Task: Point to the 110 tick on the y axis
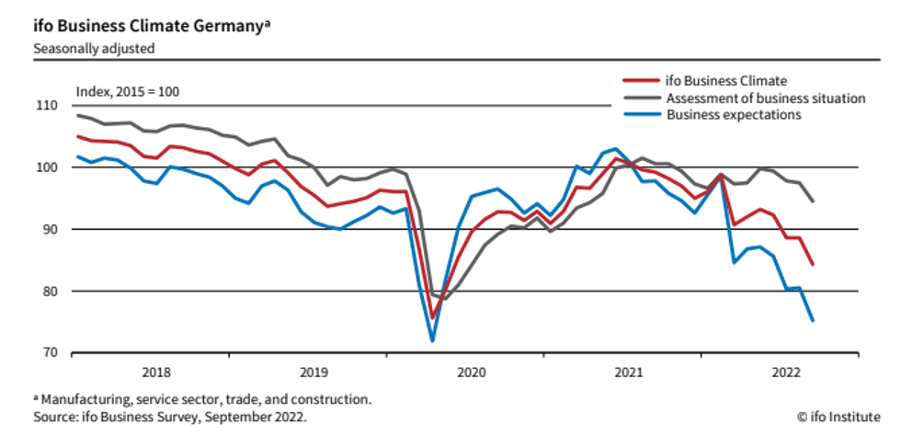pyautogui.click(x=46, y=106)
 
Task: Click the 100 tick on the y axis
pyautogui.click(x=46, y=167)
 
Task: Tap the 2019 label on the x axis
pyautogui.click(x=314, y=372)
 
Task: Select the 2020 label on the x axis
pyautogui.click(x=472, y=372)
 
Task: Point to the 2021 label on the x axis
pyautogui.click(x=629, y=372)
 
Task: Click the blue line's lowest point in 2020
pyautogui.click(x=432, y=341)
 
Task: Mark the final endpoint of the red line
pyautogui.click(x=813, y=265)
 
